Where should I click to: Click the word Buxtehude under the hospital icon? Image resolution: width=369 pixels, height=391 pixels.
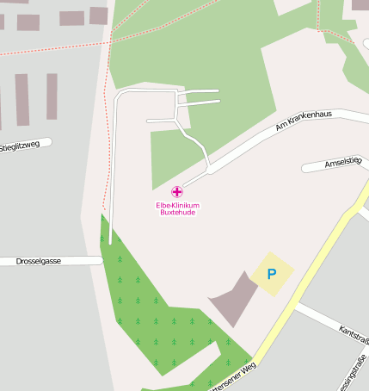[x=177, y=213]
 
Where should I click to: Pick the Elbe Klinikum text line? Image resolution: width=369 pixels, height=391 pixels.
[x=177, y=205]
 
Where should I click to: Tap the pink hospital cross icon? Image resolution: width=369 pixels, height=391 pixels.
[x=177, y=191]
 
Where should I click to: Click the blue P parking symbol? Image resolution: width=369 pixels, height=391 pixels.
[x=272, y=275]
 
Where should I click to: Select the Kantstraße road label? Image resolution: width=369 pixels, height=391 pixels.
[x=354, y=335]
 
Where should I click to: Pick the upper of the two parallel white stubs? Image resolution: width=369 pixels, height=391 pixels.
[x=198, y=91]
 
